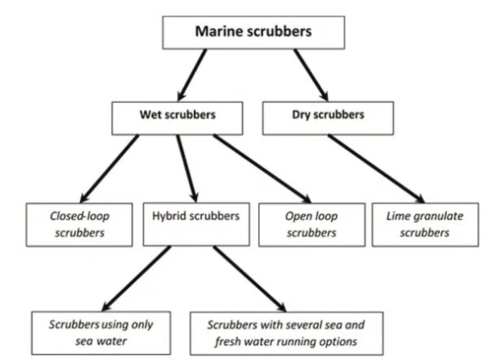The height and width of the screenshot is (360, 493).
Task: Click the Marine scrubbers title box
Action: (253, 33)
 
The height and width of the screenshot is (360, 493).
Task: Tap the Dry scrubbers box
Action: (325, 115)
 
